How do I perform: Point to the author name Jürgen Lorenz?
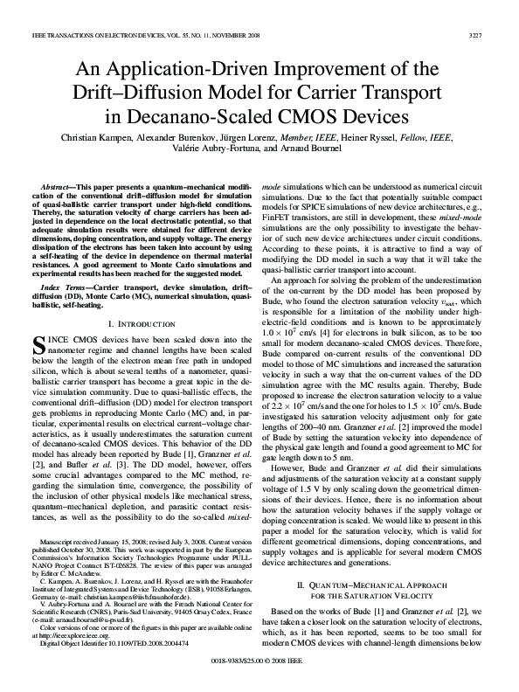click(x=253, y=137)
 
